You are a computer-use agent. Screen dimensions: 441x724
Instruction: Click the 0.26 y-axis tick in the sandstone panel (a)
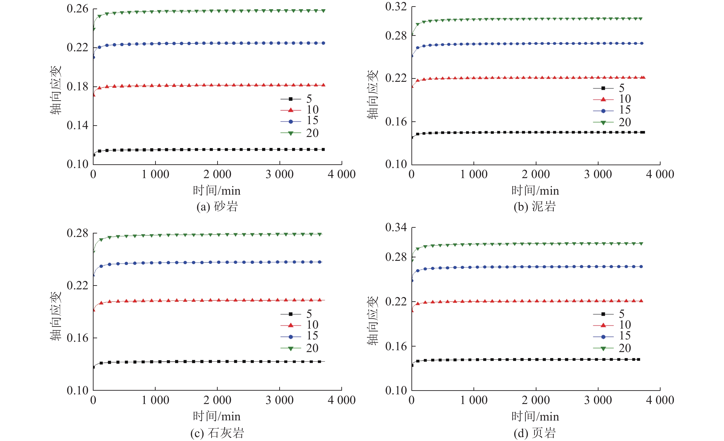pyautogui.click(x=77, y=9)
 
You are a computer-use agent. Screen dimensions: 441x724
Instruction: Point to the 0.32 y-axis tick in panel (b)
pyautogui.click(x=396, y=6)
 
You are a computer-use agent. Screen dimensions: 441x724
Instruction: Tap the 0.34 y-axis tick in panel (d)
pyautogui.click(x=396, y=227)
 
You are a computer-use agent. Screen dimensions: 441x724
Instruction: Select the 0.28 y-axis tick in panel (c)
pyautogui.click(x=77, y=233)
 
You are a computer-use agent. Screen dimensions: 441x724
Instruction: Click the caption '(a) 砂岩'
pyautogui.click(x=217, y=207)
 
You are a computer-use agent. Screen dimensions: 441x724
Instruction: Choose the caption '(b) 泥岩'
pyautogui.click(x=535, y=207)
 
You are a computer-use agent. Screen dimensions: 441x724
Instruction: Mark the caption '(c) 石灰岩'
pyautogui.click(x=217, y=433)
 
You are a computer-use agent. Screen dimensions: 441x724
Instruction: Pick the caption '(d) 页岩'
pyautogui.click(x=535, y=433)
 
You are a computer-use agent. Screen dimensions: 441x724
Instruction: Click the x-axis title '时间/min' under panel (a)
pyautogui.click(x=217, y=191)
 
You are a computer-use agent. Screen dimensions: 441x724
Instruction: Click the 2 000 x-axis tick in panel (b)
pyautogui.click(x=536, y=174)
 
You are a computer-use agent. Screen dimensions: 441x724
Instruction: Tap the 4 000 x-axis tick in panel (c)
pyautogui.click(x=342, y=400)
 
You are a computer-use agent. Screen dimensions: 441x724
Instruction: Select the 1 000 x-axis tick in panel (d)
pyautogui.click(x=474, y=400)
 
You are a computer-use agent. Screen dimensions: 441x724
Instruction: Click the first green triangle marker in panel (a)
pyautogui.click(x=94, y=29)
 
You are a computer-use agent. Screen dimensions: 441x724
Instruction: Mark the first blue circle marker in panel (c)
pyautogui.click(x=94, y=275)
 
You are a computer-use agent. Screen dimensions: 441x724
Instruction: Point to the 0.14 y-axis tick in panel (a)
pyautogui.click(x=77, y=125)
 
